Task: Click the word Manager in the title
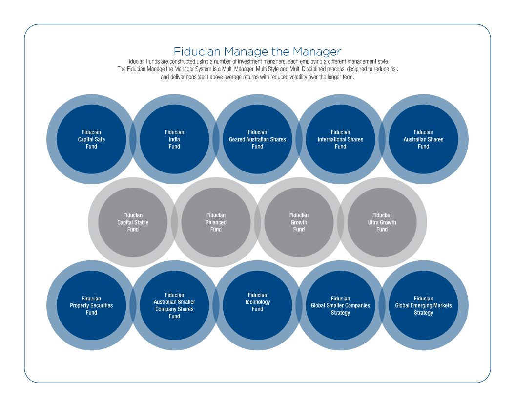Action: point(317,52)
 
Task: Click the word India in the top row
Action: point(174,139)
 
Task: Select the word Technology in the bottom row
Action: point(258,302)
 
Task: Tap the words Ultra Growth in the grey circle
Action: point(382,223)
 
